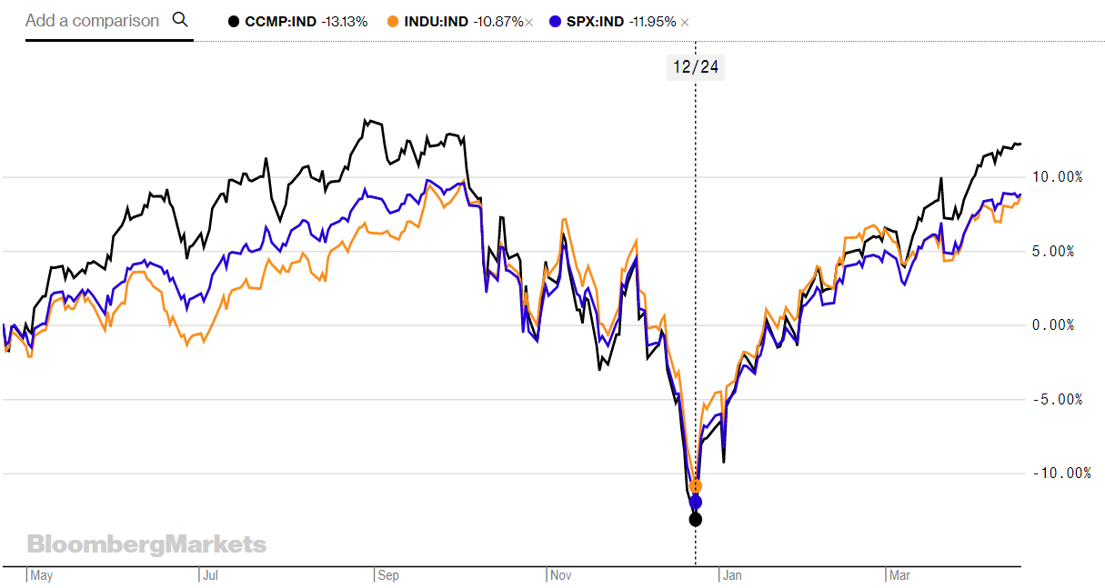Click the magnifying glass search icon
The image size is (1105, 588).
click(179, 20)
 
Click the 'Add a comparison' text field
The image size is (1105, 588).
click(92, 20)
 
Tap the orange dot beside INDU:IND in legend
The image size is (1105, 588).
click(392, 21)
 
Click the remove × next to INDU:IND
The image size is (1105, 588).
click(528, 22)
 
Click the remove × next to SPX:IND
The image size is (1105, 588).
click(685, 22)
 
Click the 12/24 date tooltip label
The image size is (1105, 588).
click(696, 66)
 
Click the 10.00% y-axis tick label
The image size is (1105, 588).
click(1057, 176)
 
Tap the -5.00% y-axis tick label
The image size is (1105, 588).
click(1058, 399)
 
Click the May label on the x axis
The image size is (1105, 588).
click(42, 575)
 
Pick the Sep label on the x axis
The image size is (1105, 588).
click(389, 575)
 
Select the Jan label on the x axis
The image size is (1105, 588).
click(731, 575)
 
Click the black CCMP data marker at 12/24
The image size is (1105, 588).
click(696, 519)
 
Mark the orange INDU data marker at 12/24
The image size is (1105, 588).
click(696, 486)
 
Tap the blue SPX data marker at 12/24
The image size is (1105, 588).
click(696, 502)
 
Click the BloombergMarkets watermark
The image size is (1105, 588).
click(146, 544)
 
